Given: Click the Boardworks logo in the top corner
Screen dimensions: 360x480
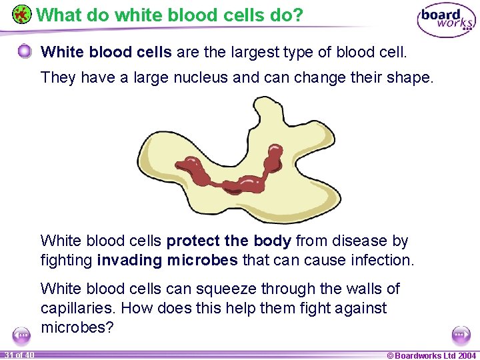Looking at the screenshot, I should tap(446, 21).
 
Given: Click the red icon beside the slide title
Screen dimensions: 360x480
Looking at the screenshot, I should tap(21, 14).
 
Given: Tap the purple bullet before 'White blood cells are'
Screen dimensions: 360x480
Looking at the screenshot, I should tap(25, 51).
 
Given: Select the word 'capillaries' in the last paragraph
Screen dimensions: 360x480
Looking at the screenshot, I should tap(77, 308).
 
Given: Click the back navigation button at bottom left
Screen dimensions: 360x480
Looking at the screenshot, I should tap(21, 334).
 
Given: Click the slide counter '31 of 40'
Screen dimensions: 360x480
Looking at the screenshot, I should tap(18, 355).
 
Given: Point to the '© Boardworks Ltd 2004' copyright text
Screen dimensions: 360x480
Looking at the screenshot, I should tap(431, 355).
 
